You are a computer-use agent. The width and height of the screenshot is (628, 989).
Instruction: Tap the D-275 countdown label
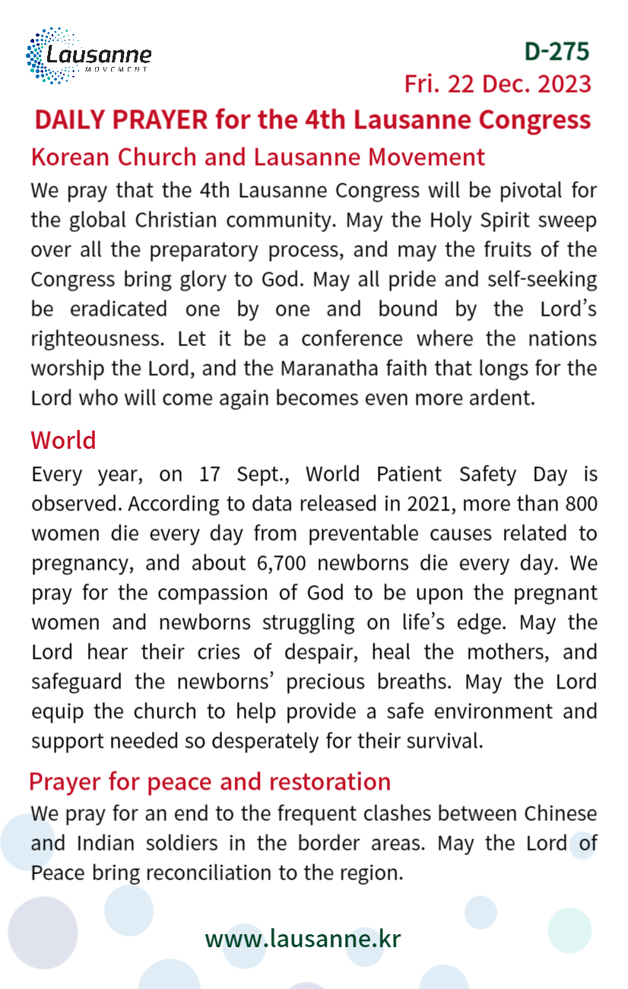coord(557,51)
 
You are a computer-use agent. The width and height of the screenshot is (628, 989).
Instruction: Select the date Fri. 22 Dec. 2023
coord(497,84)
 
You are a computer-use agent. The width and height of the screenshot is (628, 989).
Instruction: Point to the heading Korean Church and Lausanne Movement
coord(258,157)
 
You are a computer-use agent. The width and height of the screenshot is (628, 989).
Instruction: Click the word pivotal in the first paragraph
coord(517,190)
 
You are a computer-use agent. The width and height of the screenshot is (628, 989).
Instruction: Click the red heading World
coord(63,440)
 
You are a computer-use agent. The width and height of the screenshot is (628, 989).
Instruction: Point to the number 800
coord(581,504)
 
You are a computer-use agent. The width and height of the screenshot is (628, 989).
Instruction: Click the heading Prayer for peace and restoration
coord(210,781)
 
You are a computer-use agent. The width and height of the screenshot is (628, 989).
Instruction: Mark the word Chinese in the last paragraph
coord(560,814)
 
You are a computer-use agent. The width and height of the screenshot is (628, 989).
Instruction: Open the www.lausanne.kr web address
coord(303,939)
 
